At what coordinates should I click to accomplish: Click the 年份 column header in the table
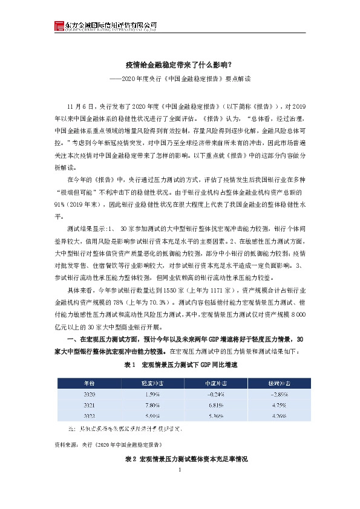point(90,383)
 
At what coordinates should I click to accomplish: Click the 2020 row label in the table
point(90,394)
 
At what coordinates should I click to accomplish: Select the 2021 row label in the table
point(90,404)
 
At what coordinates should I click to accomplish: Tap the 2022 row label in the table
point(90,415)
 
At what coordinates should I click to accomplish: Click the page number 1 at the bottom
point(180,469)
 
